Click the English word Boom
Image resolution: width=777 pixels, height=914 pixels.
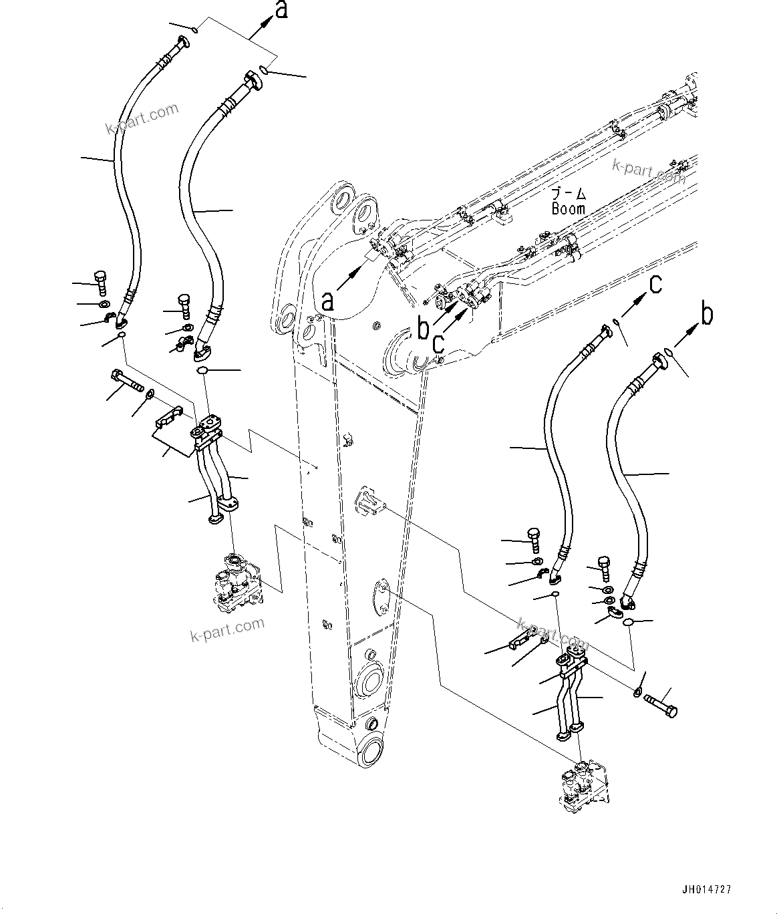point(568,208)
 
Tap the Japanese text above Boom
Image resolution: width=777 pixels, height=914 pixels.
point(569,194)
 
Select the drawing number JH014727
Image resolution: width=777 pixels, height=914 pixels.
point(706,889)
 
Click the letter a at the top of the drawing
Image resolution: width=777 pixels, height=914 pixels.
point(281,10)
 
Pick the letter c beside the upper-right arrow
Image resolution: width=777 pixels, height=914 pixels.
point(655,285)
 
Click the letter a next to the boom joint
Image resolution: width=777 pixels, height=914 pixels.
point(327,301)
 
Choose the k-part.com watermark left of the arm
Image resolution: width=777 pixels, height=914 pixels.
point(227,628)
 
